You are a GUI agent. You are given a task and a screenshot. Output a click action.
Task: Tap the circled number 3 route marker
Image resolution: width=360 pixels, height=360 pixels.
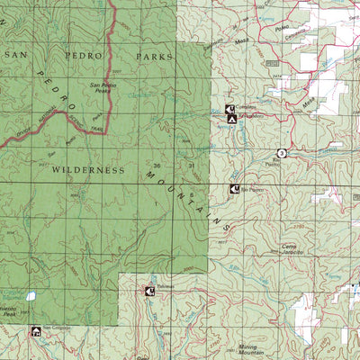(x=281, y=153)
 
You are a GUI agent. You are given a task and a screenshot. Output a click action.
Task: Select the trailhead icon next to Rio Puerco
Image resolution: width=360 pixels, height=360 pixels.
(x=234, y=189)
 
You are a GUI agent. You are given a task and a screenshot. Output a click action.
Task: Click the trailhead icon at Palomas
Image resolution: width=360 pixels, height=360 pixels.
(x=149, y=290)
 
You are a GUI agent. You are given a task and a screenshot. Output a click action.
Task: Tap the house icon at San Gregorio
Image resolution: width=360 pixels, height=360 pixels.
(x=35, y=331)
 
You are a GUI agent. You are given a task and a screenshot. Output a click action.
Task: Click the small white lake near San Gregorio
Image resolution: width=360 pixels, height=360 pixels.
(x=31, y=295)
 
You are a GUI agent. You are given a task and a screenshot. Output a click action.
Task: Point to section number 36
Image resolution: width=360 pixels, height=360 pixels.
(x=157, y=166)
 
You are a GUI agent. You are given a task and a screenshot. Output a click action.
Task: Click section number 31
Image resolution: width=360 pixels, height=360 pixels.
(x=191, y=166)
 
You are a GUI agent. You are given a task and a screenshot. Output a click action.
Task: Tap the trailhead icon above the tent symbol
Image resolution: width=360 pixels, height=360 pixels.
(x=229, y=109)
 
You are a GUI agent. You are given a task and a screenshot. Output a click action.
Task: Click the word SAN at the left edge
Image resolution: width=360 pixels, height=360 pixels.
(x=13, y=56)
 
